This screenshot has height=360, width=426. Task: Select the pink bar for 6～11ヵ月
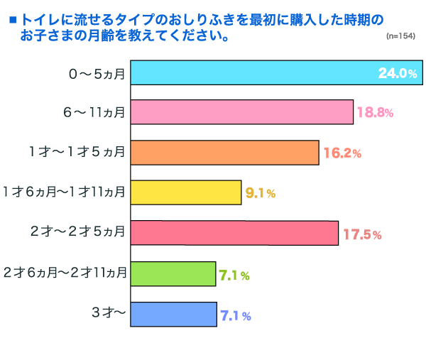tap(241, 112)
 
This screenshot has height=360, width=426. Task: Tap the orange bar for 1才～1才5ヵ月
tap(224, 153)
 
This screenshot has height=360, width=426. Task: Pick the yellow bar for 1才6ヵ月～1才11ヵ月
tap(186, 192)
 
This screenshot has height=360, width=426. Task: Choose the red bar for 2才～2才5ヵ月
tap(234, 233)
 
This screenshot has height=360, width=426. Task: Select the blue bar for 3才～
tap(173, 314)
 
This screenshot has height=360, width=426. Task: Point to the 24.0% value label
tap(396, 74)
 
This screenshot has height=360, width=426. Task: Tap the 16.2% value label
tap(342, 153)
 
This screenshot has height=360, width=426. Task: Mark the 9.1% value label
tap(260, 192)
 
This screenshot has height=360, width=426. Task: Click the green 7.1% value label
tap(234, 274)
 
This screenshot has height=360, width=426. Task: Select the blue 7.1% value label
tap(234, 315)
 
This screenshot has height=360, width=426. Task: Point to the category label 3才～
tap(109, 313)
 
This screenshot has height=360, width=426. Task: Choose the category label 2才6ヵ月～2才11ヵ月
tap(65, 273)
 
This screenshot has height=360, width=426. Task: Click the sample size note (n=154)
tap(400, 35)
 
